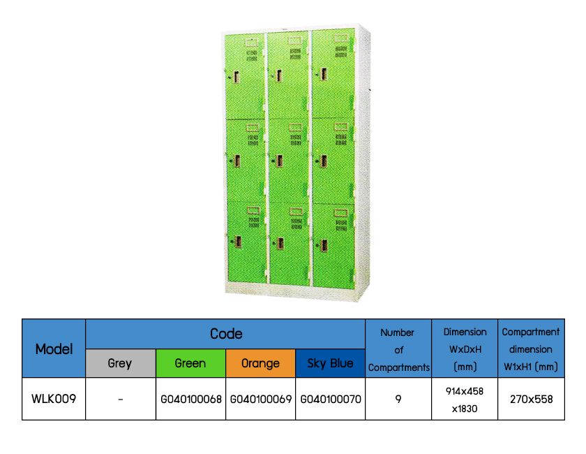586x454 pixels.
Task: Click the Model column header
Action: pyautogui.click(x=54, y=349)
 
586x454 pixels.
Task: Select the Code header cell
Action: pyautogui.click(x=225, y=334)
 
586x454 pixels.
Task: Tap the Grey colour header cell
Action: pyautogui.click(x=120, y=363)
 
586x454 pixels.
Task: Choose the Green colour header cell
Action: pyautogui.click(x=190, y=363)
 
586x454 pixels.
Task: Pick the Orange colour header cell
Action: pyautogui.click(x=260, y=363)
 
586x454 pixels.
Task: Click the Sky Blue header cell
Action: pyautogui.click(x=330, y=363)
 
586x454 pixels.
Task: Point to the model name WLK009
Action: pyautogui.click(x=54, y=399)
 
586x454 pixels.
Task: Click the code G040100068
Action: pyautogui.click(x=190, y=400)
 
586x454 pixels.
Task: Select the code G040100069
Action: pyautogui.click(x=260, y=400)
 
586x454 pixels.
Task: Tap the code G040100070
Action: pyautogui.click(x=330, y=400)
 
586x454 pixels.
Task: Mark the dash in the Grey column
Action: pyautogui.click(x=120, y=400)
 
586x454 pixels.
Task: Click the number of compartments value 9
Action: pyautogui.click(x=398, y=400)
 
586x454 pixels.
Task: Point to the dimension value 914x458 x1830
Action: pyautogui.click(x=464, y=399)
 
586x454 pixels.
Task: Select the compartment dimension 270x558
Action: pyautogui.click(x=531, y=400)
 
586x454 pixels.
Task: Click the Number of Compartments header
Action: pyautogui.click(x=398, y=349)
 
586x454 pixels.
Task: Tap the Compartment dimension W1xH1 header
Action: pyautogui.click(x=531, y=349)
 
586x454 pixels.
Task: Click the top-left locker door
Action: pyautogui.click(x=245, y=75)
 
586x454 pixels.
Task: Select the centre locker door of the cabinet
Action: pyautogui.click(x=288, y=161)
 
